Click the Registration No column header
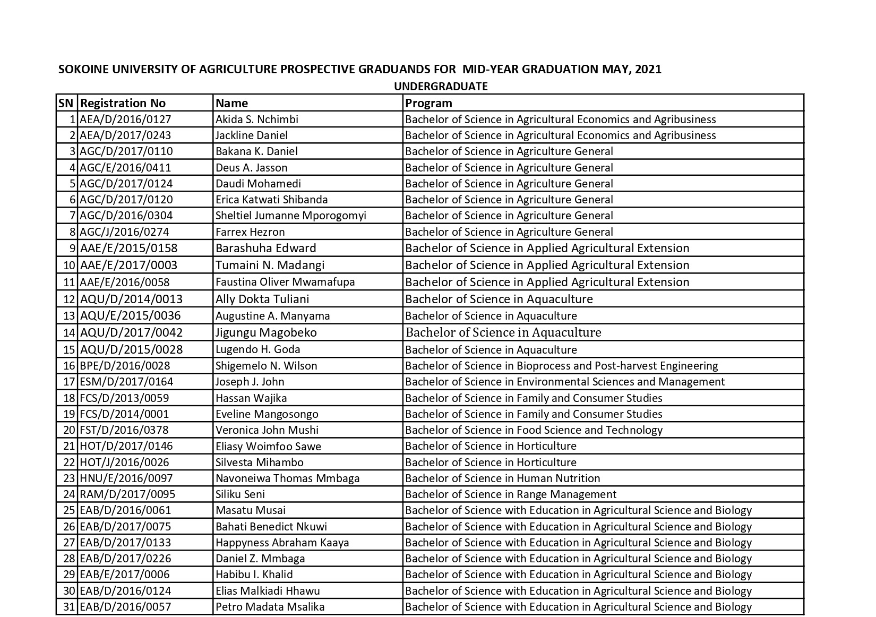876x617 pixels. pyautogui.click(x=123, y=103)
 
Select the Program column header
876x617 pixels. pyautogui.click(x=428, y=103)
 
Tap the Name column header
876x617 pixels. pyautogui.click(x=232, y=103)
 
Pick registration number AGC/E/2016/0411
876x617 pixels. pyautogui.click(x=126, y=168)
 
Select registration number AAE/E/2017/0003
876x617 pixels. pyautogui.click(x=128, y=265)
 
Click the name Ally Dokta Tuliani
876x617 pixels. pyautogui.click(x=262, y=299)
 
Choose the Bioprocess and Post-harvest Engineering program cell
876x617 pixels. pyautogui.click(x=561, y=366)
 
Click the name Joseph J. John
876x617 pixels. pyautogui.click(x=250, y=382)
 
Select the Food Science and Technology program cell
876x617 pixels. pyautogui.click(x=534, y=430)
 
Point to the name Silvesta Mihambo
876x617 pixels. pyautogui.click(x=260, y=462)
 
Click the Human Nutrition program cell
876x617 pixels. pyautogui.click(x=502, y=478)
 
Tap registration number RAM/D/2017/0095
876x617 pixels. pyautogui.click(x=127, y=494)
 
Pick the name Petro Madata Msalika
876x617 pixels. pyautogui.click(x=270, y=607)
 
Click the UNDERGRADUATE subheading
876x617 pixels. pyautogui.click(x=441, y=86)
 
